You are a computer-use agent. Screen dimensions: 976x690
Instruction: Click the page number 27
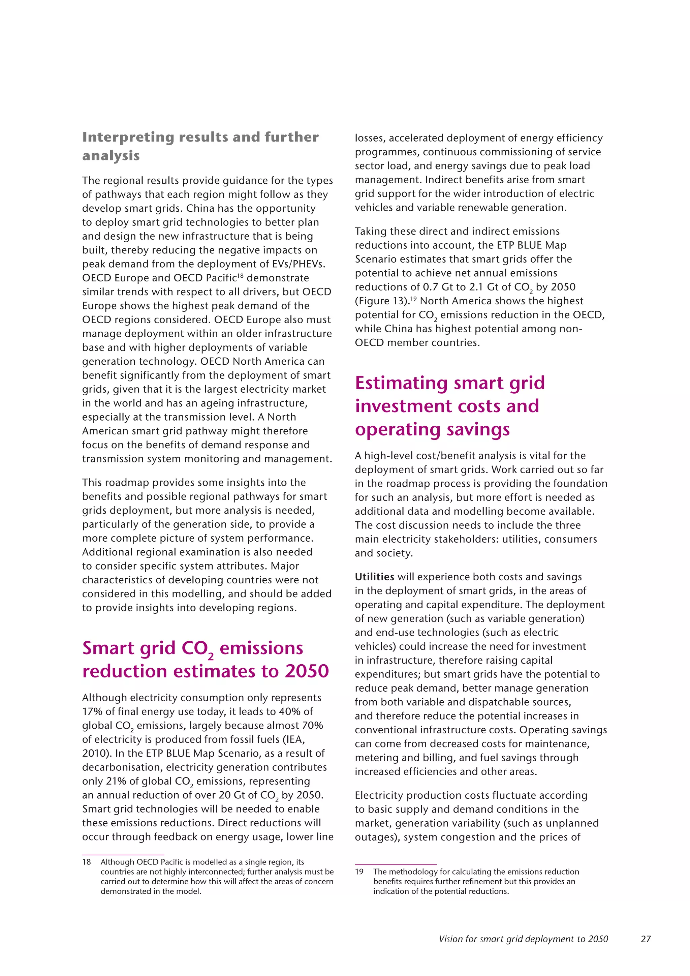[x=646, y=939]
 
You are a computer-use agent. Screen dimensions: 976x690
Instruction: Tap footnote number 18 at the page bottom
[x=87, y=862]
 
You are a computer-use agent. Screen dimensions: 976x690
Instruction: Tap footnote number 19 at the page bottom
[x=359, y=872]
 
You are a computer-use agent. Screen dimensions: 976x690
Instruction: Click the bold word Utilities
[x=374, y=577]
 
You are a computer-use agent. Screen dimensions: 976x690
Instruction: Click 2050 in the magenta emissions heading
[x=307, y=671]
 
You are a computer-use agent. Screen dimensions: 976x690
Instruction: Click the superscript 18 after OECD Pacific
[x=240, y=275]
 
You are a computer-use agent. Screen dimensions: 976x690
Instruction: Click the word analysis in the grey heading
[x=111, y=156]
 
